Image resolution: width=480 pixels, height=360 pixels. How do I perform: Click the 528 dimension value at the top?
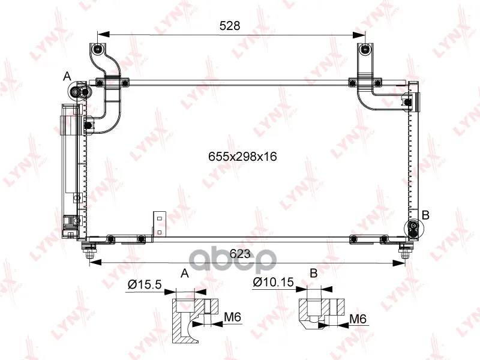[230, 26]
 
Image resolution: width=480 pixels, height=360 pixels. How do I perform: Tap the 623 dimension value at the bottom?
[240, 253]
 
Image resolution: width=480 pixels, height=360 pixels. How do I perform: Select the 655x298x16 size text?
[242, 157]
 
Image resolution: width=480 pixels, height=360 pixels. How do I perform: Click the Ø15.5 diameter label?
[145, 284]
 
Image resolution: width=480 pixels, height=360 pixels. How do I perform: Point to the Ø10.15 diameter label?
[274, 282]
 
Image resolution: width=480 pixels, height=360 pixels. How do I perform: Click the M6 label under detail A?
[233, 317]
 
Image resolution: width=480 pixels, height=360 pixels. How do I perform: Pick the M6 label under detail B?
[358, 319]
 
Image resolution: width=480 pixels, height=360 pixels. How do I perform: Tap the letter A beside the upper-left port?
[67, 76]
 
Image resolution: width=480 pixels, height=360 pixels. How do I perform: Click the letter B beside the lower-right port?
[425, 215]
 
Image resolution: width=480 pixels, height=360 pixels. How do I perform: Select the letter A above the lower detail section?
[185, 273]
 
